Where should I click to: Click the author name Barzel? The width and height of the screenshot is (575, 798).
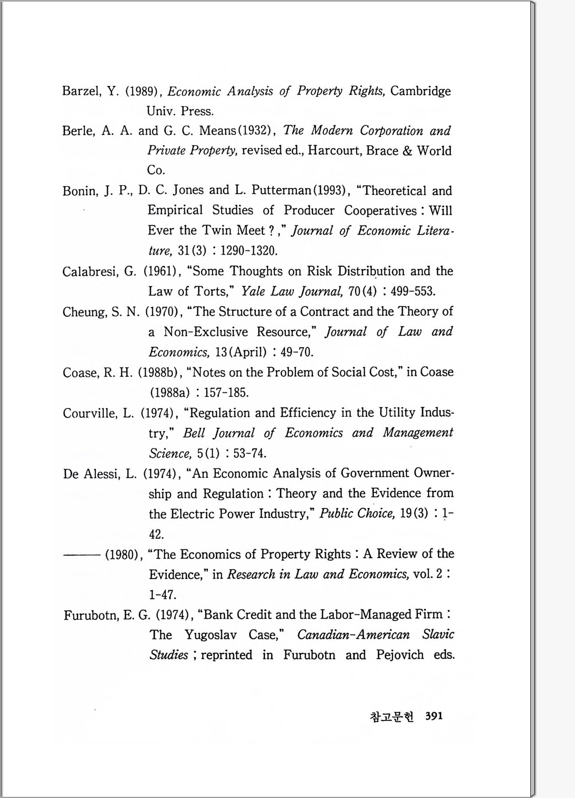tap(82, 91)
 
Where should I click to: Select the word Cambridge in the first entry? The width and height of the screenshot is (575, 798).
tap(420, 91)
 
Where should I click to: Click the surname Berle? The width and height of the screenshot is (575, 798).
tap(79, 131)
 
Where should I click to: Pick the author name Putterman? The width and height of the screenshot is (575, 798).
tap(281, 190)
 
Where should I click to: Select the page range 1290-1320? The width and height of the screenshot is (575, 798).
tap(249, 251)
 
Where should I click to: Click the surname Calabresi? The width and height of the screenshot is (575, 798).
tap(90, 271)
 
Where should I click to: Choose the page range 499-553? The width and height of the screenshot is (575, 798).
tap(413, 292)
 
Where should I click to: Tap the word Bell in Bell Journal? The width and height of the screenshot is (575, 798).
tap(194, 433)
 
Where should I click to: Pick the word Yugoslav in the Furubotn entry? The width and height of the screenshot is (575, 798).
tap(211, 635)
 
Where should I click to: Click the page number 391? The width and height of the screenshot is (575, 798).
tap(434, 716)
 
